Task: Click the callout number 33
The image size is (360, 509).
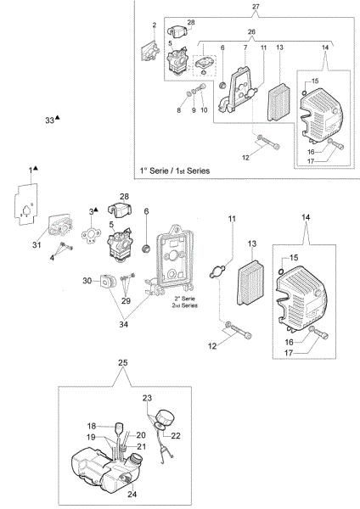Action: click(x=49, y=120)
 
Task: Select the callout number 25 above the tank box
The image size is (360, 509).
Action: click(x=123, y=362)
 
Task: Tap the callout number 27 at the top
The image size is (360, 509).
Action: click(x=256, y=6)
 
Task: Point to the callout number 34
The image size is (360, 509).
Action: click(x=123, y=324)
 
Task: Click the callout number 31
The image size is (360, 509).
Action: click(x=37, y=244)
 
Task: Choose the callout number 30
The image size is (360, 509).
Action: click(x=87, y=281)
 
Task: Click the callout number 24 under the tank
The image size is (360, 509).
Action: click(x=132, y=494)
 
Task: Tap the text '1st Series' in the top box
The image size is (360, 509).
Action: click(x=193, y=171)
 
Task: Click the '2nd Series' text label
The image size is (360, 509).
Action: click(x=184, y=305)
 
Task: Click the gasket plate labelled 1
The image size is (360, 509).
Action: click(x=25, y=204)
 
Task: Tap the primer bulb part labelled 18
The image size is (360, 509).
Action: click(x=119, y=428)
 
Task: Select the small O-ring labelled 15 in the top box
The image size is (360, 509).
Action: click(x=305, y=93)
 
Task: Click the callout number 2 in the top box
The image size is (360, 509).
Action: click(x=155, y=25)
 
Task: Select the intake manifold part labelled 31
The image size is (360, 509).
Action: click(x=60, y=226)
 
